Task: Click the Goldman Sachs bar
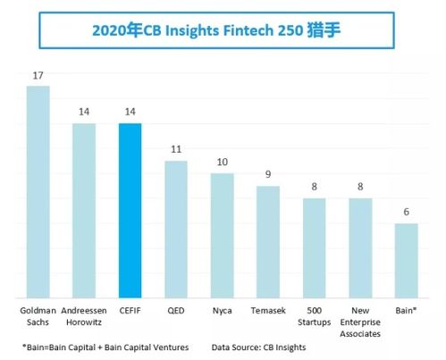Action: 38,191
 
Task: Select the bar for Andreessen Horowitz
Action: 83,210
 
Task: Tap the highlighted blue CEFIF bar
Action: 130,210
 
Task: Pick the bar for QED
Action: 176,229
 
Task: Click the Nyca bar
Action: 222,235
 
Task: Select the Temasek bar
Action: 268,241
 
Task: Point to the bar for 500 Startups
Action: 314,247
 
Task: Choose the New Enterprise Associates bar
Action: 360,247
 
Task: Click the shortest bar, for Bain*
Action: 406,260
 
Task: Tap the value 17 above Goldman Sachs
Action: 38,76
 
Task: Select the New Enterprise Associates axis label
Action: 360,323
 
